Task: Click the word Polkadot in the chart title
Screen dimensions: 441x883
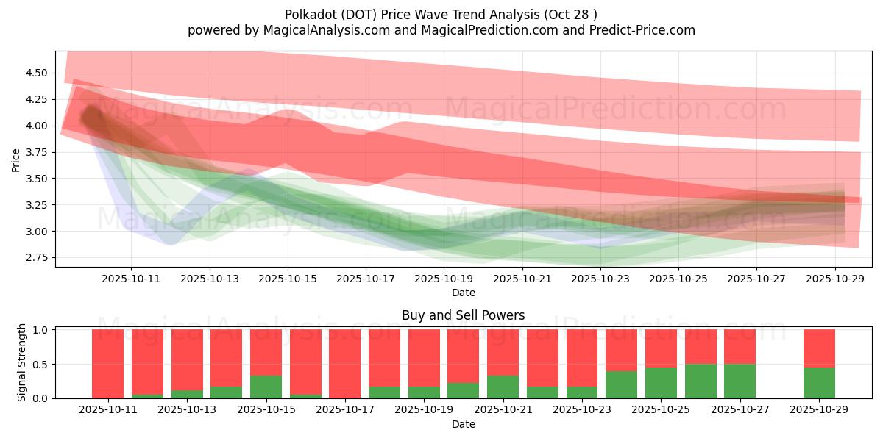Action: pyautogui.click(x=308, y=15)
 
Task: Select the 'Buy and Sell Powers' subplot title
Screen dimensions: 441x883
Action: pyautogui.click(x=463, y=315)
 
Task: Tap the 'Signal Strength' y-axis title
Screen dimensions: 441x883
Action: pyautogui.click(x=22, y=362)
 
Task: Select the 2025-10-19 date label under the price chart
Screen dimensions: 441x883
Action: pyautogui.click(x=444, y=279)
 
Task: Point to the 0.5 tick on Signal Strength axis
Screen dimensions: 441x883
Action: pyautogui.click(x=41, y=364)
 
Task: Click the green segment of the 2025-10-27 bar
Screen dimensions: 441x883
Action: pyautogui.click(x=740, y=381)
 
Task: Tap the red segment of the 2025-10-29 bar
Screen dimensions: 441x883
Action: pyautogui.click(x=819, y=348)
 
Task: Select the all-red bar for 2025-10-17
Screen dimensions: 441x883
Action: pyautogui.click(x=344, y=364)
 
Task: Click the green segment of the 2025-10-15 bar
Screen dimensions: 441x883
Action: pyautogui.click(x=266, y=387)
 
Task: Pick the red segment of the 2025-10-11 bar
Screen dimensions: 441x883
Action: pyautogui.click(x=107, y=364)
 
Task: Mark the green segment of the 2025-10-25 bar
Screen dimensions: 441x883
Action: pyautogui.click(x=661, y=382)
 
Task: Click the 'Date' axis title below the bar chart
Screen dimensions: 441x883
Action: pyautogui.click(x=463, y=424)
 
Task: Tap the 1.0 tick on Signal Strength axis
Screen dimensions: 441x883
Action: pyautogui.click(x=41, y=330)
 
